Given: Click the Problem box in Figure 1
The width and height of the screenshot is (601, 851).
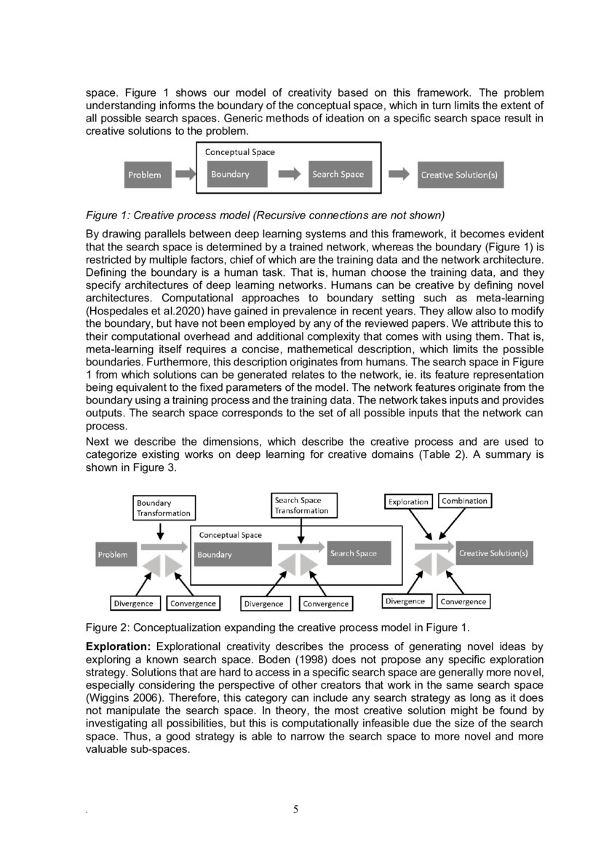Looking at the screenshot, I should pos(145,175).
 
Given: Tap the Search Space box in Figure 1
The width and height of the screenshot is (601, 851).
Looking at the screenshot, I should pos(338,175).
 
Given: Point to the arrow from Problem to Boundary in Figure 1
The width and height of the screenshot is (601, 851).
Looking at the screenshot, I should pos(186,175).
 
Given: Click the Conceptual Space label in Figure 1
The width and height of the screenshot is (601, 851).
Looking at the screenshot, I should pos(239,153).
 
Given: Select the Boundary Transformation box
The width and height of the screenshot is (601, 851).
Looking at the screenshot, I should pos(164,507).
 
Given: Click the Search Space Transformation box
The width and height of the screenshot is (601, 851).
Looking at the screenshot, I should pos(301,505).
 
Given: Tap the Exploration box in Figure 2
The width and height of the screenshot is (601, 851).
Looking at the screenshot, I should pos(408,502).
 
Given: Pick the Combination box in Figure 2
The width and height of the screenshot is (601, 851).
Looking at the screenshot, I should pos(464,501).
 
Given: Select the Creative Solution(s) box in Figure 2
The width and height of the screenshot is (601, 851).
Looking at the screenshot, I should pos(494,553).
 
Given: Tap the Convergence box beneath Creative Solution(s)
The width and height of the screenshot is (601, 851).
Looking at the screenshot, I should pos(463,601).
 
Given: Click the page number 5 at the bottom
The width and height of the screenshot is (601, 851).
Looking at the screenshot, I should pos(295,810).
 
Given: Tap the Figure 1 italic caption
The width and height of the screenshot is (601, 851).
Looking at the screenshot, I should pos(265,215).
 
